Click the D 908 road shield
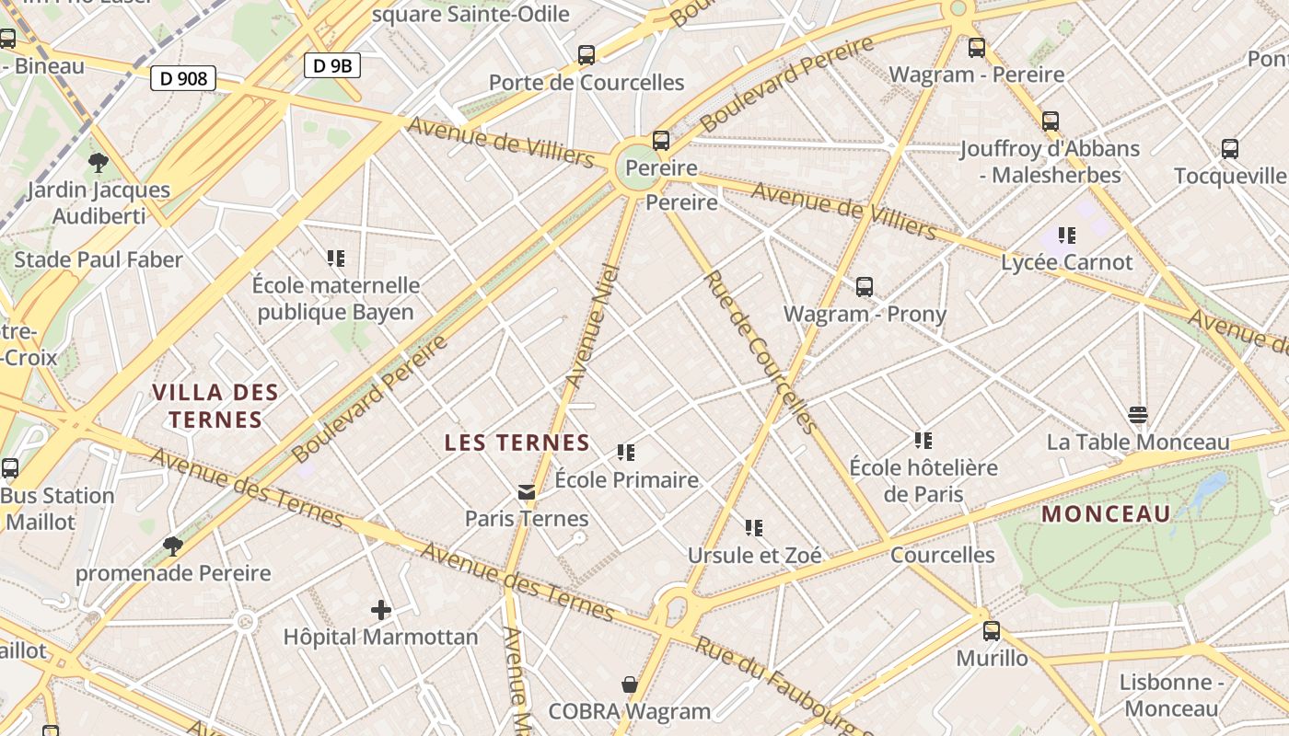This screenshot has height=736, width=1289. [x=183, y=78]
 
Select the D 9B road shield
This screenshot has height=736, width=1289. [x=331, y=65]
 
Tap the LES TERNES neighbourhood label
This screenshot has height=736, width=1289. [x=517, y=443]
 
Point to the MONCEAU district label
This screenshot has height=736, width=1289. [x=1106, y=513]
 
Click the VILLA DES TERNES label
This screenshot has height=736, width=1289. [x=215, y=406]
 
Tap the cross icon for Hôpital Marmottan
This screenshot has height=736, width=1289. [x=380, y=610]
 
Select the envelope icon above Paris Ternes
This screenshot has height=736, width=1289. [x=527, y=492]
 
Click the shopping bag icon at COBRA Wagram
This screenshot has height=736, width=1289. [x=630, y=684]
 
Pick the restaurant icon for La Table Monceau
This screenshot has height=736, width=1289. [x=1138, y=415]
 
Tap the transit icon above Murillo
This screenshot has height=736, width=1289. [x=992, y=631]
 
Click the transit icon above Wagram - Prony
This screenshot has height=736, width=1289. [x=865, y=286]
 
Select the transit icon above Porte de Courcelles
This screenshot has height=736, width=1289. [x=586, y=54]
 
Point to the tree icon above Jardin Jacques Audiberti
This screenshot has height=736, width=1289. [x=99, y=164]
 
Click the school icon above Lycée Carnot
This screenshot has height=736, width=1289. [x=1067, y=236]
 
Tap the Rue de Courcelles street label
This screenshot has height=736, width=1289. [x=760, y=352]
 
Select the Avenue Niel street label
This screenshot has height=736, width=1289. [x=590, y=325]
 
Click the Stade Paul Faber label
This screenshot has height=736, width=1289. [x=99, y=259]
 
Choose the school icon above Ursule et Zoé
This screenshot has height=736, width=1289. [x=754, y=528]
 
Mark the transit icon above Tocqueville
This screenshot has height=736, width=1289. [x=1229, y=148]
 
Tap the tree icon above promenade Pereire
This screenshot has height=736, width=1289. [x=172, y=546]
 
